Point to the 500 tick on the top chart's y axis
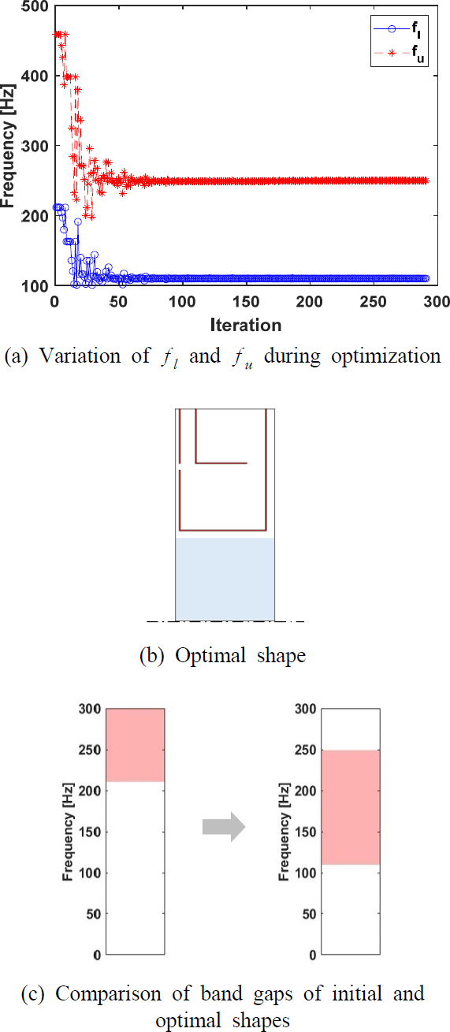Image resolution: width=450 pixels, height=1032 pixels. tap(36, 6)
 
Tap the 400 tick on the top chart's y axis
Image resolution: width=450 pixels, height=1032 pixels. tap(36, 76)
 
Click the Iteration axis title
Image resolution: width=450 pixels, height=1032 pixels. tap(244, 324)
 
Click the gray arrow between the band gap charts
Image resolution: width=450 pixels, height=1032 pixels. tap(225, 827)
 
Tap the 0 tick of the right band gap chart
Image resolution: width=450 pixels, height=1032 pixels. tap(310, 955)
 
